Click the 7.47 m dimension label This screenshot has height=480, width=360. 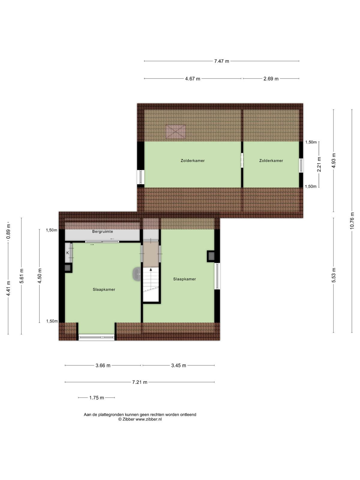[x=221, y=61]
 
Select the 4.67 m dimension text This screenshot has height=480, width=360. [x=193, y=79]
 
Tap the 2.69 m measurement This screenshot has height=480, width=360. [x=271, y=79]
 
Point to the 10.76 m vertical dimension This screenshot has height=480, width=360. [x=352, y=220]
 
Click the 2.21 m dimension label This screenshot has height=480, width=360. [x=319, y=164]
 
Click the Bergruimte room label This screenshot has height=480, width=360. [x=103, y=231]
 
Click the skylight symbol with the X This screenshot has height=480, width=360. [x=175, y=132]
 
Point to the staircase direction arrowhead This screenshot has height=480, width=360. [x=151, y=269]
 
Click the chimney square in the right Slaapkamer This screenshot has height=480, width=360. [x=211, y=256]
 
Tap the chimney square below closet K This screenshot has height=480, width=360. [x=68, y=268]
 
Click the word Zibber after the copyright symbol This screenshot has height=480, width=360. [x=128, y=419]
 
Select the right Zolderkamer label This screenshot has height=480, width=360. [x=271, y=161]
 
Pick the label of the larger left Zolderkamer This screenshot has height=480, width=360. [x=193, y=161]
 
